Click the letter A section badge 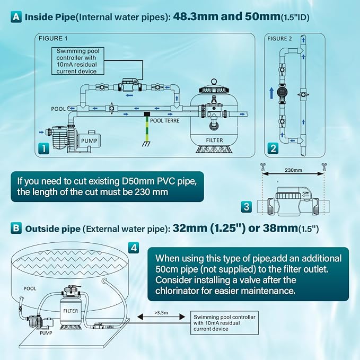tap(16, 17)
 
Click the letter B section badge tap(16, 228)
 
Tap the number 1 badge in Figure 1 tap(43, 148)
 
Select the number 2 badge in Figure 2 tap(273, 148)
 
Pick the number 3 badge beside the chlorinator tap(247, 206)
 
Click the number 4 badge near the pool tap(134, 248)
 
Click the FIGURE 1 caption tap(53, 38)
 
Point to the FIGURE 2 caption tap(279, 39)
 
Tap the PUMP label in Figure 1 tap(89, 141)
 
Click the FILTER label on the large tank tap(214, 140)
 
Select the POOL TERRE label tap(164, 120)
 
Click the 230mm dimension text tap(293, 170)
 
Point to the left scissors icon tap(262, 166)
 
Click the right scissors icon tap(324, 166)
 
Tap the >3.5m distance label tap(161, 312)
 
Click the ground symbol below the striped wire tap(146, 144)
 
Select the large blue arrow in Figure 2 tap(271, 93)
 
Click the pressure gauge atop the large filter tap(214, 82)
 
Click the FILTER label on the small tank tap(71, 311)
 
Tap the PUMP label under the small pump tap(46, 332)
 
